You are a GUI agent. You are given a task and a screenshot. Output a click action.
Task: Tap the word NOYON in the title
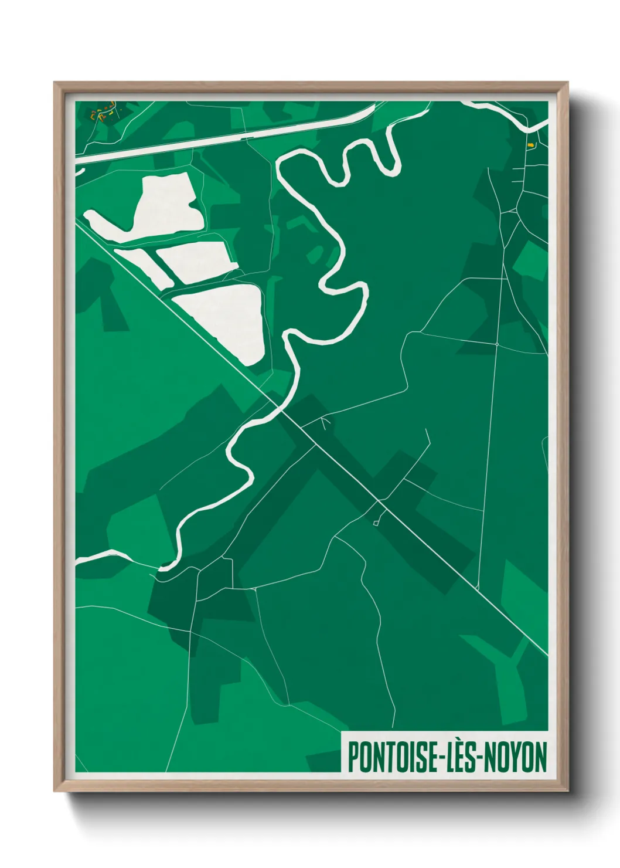click(x=516, y=757)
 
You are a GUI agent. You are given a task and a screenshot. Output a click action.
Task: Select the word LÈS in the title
click(x=460, y=757)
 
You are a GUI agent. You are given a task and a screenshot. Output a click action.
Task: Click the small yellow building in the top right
click(x=530, y=144)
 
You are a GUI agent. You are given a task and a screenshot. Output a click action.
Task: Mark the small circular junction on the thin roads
click(x=496, y=344)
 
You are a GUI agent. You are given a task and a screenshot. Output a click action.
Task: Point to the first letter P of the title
click(x=353, y=757)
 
